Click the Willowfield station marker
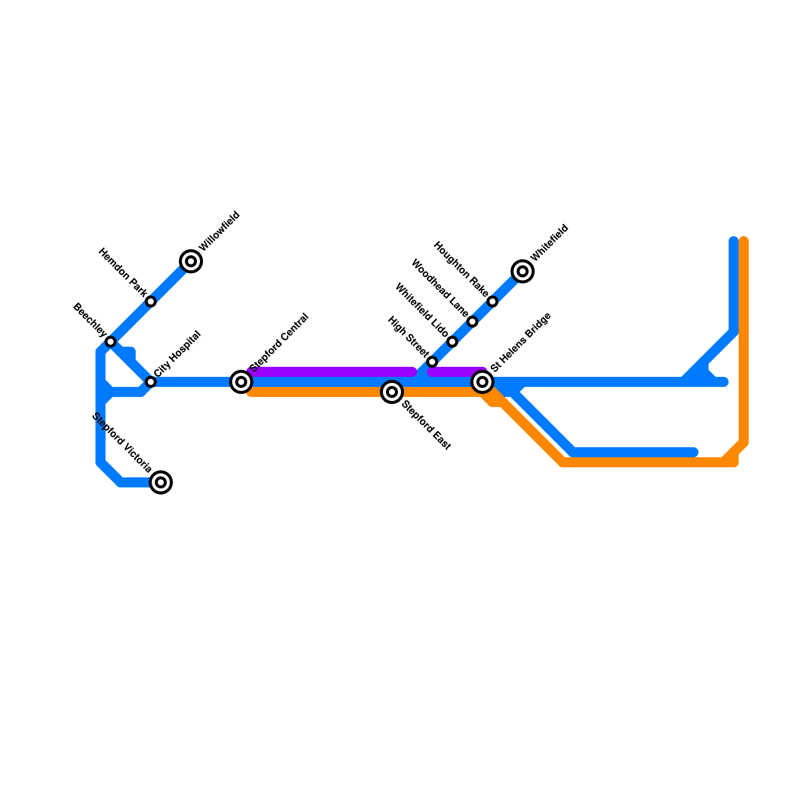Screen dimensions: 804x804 191,261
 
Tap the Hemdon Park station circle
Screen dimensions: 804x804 151,301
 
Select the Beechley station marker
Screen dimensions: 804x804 111,342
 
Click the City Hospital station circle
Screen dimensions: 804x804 151,382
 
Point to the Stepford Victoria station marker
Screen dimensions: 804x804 161,482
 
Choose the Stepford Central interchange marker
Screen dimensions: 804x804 241,382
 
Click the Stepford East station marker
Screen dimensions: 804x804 392,392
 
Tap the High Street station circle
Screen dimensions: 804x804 432,362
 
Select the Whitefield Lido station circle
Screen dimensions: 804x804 452,342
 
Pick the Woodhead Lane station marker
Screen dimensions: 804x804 472,322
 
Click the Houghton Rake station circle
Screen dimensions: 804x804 492,301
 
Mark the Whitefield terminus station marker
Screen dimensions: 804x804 523,271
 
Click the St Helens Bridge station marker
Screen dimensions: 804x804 482,382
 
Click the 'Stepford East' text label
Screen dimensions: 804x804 427,425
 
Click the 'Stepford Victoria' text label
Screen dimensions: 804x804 122,443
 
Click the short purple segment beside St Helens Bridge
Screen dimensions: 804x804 456,372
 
